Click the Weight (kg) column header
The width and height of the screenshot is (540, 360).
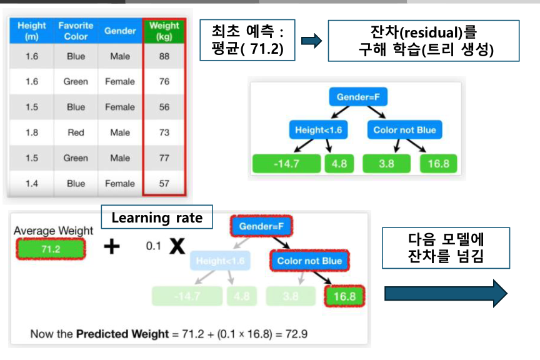coord(164,31)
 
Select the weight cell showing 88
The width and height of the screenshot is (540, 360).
coord(164,56)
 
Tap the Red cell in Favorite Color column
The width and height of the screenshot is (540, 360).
coord(76,132)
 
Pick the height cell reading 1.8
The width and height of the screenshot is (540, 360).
coord(32,132)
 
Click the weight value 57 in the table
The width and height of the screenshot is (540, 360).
coord(164,184)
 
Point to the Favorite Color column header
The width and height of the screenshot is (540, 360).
coord(76,31)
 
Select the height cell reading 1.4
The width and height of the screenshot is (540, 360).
coord(32,184)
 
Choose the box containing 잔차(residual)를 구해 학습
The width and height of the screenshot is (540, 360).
coord(423,41)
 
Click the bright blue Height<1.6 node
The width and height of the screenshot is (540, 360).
coord(318,130)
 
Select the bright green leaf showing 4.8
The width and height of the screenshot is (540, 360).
coord(340,164)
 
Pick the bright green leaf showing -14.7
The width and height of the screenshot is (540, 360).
coord(286,164)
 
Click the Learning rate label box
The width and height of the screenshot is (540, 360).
coord(157,217)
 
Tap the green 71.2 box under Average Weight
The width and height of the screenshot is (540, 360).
coord(49,249)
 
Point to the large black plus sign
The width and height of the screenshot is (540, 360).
coord(111,247)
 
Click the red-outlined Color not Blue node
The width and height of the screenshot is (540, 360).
coord(309,261)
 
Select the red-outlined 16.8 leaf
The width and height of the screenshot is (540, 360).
coord(344,296)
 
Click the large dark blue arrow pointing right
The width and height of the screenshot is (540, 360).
coord(445,293)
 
